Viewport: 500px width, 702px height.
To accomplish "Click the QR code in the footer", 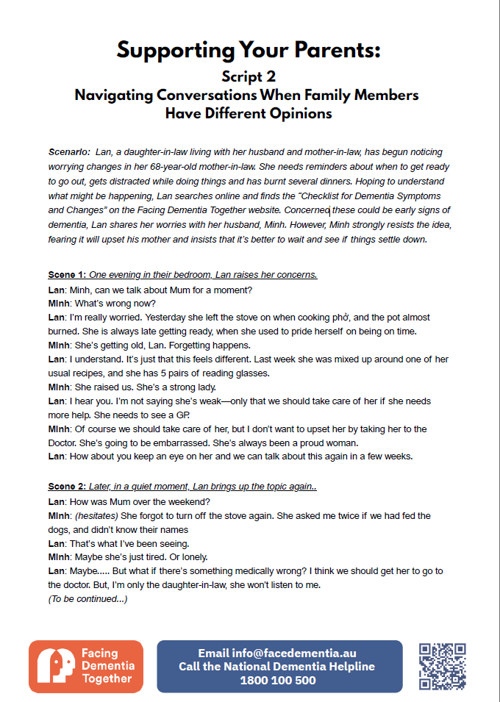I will click(442, 666).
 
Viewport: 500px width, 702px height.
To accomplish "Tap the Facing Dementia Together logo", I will click(85, 666).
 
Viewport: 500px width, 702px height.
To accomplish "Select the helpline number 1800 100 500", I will click(278, 681).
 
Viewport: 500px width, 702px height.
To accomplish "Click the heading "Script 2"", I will click(249, 76).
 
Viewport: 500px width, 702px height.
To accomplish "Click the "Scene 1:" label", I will click(67, 275).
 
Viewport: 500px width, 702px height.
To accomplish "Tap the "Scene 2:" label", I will click(67, 487).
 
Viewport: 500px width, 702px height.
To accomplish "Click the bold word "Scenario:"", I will click(69, 152).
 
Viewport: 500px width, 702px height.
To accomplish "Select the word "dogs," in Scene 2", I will click(61, 529).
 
